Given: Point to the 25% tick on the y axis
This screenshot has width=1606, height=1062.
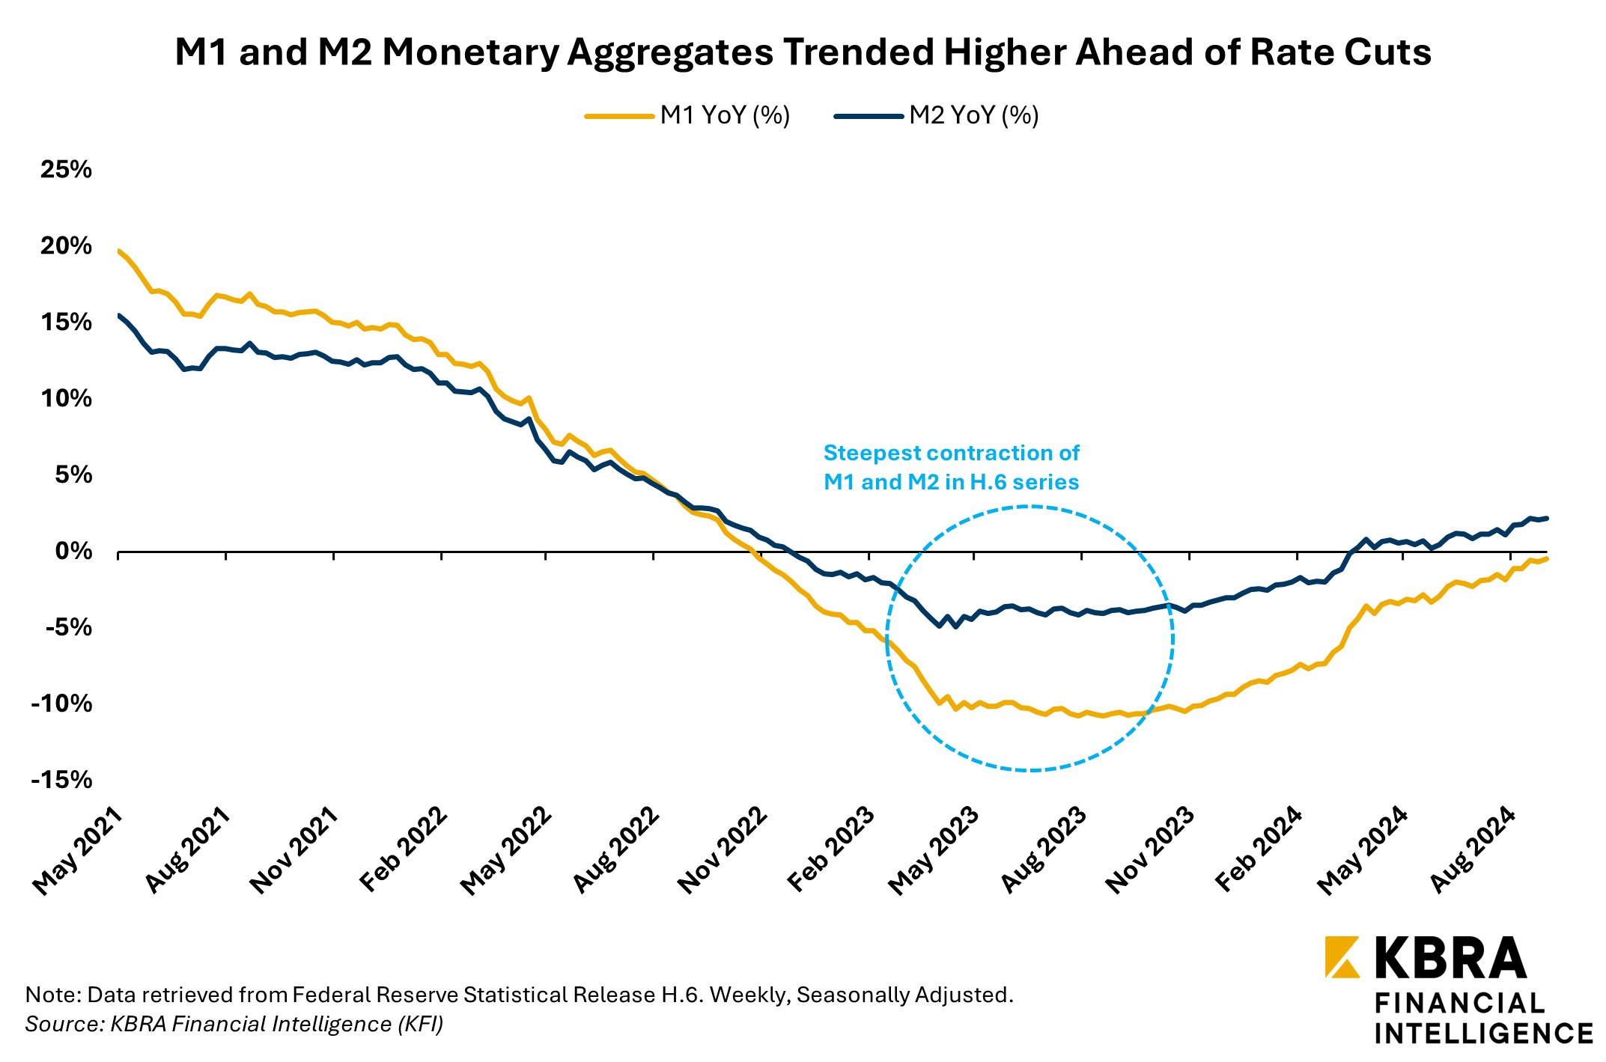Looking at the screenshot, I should click(x=66, y=170).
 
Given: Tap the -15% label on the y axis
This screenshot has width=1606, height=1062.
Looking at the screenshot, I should click(x=61, y=780).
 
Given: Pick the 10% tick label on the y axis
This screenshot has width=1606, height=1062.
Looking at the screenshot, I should click(x=66, y=399).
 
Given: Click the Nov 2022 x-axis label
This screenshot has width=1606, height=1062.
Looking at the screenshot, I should click(x=723, y=850).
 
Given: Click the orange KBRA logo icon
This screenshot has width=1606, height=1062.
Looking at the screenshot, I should click(x=1342, y=957).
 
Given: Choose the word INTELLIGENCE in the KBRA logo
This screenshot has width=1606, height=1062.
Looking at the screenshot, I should click(x=1483, y=1034).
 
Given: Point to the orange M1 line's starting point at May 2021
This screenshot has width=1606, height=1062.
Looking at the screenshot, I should click(x=119, y=251).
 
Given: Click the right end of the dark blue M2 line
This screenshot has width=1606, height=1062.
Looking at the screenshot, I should click(x=1547, y=518).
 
